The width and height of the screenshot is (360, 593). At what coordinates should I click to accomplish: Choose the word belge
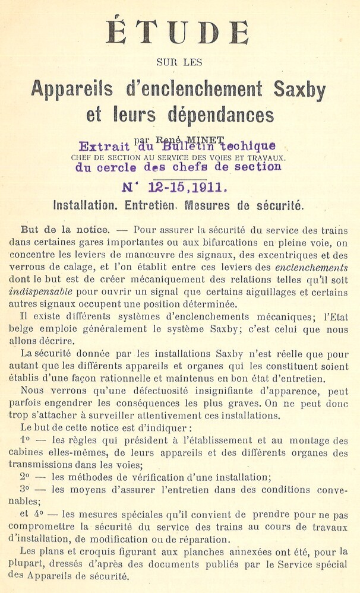pyautogui.click(x=23, y=329)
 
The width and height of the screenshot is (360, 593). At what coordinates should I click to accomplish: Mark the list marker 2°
pyautogui.click(x=24, y=477)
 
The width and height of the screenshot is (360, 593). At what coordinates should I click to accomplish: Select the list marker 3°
pyautogui.click(x=24, y=490)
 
